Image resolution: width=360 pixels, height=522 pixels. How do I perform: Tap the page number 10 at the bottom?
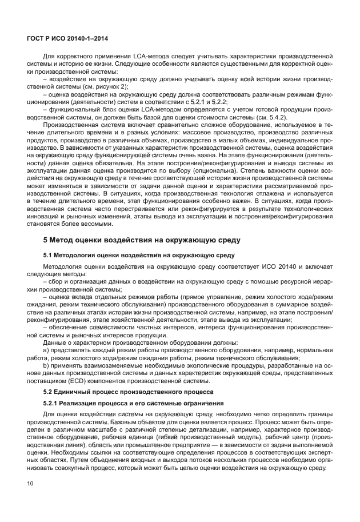(x=31, y=500)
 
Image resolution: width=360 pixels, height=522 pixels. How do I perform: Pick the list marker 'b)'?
(x=47, y=365)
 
